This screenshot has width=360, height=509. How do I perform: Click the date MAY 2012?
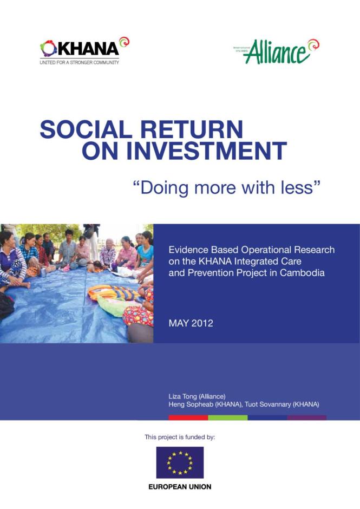pyautogui.click(x=191, y=323)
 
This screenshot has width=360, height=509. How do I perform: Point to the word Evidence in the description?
pyautogui.click(x=186, y=250)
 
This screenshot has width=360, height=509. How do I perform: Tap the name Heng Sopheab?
pyautogui.click(x=187, y=404)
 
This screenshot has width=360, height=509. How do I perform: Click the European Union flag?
pyautogui.click(x=180, y=462)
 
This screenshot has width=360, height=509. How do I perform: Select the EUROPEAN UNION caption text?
pyautogui.click(x=180, y=487)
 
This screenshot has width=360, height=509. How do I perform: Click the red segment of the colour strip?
pyautogui.click(x=188, y=418)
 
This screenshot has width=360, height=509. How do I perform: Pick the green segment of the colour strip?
pyautogui.click(x=228, y=418)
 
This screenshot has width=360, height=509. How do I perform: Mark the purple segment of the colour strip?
pyautogui.click(x=306, y=418)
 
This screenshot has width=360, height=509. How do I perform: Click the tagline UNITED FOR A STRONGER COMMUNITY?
pyautogui.click(x=79, y=62)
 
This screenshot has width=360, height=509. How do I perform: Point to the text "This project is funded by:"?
pyautogui.click(x=180, y=436)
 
